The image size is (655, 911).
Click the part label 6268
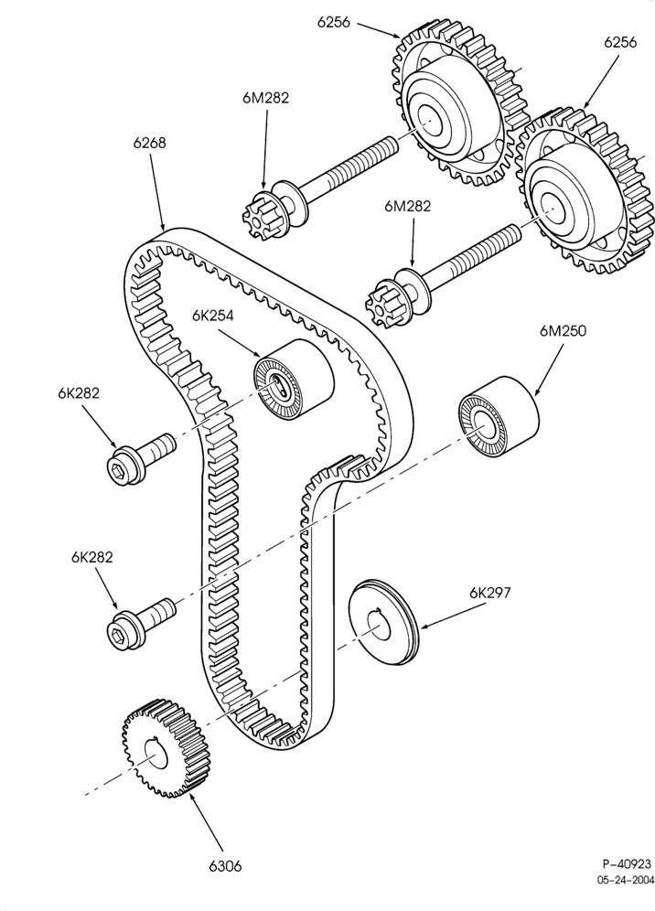click(149, 143)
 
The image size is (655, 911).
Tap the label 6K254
click(213, 316)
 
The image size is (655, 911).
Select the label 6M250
click(564, 330)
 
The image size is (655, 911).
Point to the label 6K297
click(490, 593)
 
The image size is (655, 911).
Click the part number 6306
click(225, 866)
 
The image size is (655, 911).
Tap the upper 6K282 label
click(79, 393)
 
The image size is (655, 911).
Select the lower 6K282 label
click(91, 557)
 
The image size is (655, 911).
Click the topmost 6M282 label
click(265, 98)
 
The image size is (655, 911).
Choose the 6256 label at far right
click(620, 42)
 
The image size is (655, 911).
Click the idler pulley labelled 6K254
click(294, 379)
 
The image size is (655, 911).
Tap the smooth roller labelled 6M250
click(499, 416)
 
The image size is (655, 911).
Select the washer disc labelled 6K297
click(383, 622)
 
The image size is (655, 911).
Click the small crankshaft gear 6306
click(166, 748)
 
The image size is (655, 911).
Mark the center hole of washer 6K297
click(379, 627)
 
